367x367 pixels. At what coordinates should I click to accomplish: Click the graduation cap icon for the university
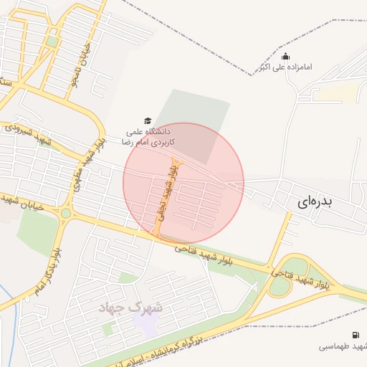pos(148,121)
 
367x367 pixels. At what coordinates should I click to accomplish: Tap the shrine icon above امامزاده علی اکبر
pos(285,57)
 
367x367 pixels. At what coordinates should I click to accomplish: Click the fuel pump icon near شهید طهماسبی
pos(356,335)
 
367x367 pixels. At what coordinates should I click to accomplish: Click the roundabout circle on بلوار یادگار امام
pos(66,212)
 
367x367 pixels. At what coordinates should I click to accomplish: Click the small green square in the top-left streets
pos(52,42)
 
